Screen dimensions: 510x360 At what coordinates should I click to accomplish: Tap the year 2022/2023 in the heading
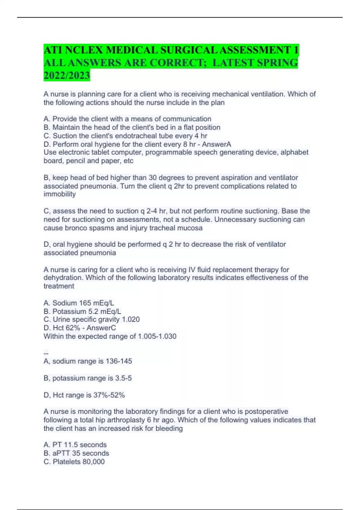(67, 75)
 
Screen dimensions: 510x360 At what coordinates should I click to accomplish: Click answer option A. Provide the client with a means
(127, 119)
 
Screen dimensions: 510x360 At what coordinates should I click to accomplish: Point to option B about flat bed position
(132, 127)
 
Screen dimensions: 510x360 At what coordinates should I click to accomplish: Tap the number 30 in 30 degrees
(153, 178)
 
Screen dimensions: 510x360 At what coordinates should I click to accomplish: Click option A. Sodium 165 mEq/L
(79, 303)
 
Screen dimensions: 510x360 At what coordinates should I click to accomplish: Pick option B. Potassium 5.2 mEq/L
(82, 311)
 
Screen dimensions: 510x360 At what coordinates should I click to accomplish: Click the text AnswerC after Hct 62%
(101, 328)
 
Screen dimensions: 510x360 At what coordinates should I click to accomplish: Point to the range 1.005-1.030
(157, 336)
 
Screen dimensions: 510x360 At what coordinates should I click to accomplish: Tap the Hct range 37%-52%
(109, 395)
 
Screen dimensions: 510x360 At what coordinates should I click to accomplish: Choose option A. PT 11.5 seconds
(75, 445)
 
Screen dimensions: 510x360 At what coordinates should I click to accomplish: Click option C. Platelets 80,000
(74, 462)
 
